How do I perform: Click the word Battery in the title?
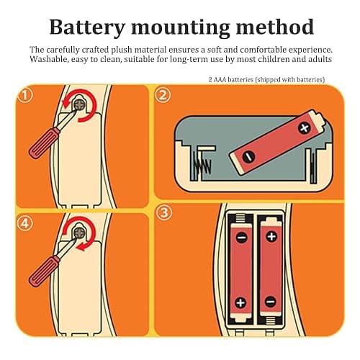click(x=87, y=27)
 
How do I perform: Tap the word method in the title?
click(x=275, y=27)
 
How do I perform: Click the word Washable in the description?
click(x=48, y=59)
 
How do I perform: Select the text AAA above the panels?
click(x=220, y=80)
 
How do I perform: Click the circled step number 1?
click(x=25, y=96)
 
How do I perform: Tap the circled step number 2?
click(x=163, y=95)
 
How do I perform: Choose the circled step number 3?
click(x=164, y=212)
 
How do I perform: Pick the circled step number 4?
click(x=25, y=224)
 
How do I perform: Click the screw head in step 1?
click(x=80, y=104)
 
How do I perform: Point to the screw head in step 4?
click(x=79, y=233)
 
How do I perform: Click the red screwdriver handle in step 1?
click(x=44, y=143)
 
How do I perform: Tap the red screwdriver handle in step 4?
click(x=44, y=271)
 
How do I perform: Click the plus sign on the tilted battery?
click(x=305, y=128)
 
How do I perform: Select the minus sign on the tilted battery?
click(x=248, y=157)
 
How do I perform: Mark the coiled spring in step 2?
click(x=202, y=166)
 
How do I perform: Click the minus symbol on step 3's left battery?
click(x=241, y=238)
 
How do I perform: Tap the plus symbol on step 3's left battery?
click(x=240, y=302)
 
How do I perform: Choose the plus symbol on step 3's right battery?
click(x=271, y=237)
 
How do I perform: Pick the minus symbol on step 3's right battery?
click(x=271, y=301)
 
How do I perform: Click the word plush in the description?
click(x=122, y=50)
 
